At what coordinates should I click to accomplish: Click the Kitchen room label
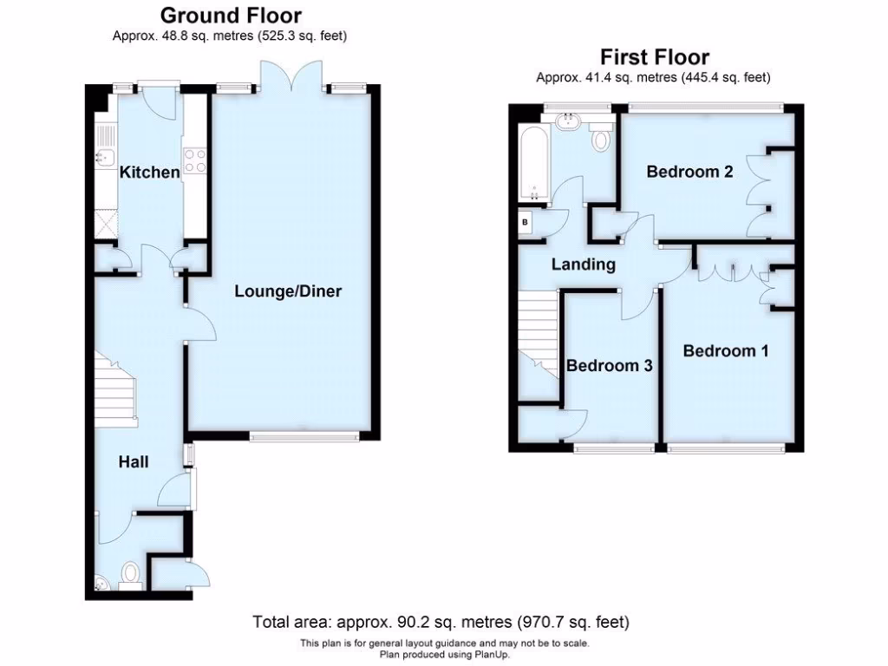tap(149, 173)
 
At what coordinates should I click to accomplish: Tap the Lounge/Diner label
tap(288, 291)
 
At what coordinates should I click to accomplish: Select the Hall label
tap(133, 462)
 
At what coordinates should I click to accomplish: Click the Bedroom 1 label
tap(725, 351)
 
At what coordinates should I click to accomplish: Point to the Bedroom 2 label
tap(689, 172)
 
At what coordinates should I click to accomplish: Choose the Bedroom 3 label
tap(609, 366)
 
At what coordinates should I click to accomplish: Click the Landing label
tap(583, 264)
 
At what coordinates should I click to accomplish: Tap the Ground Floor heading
tap(231, 16)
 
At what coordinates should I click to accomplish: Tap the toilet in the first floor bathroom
tap(601, 137)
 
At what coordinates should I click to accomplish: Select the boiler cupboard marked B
tap(524, 223)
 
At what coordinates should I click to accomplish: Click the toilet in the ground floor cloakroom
tap(131, 574)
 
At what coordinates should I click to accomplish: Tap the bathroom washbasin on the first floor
tap(571, 121)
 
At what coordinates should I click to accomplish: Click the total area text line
tap(441, 622)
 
